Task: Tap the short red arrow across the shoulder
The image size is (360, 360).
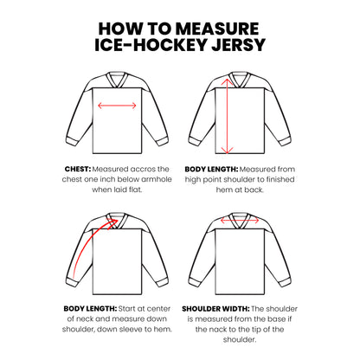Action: pos(243,220)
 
